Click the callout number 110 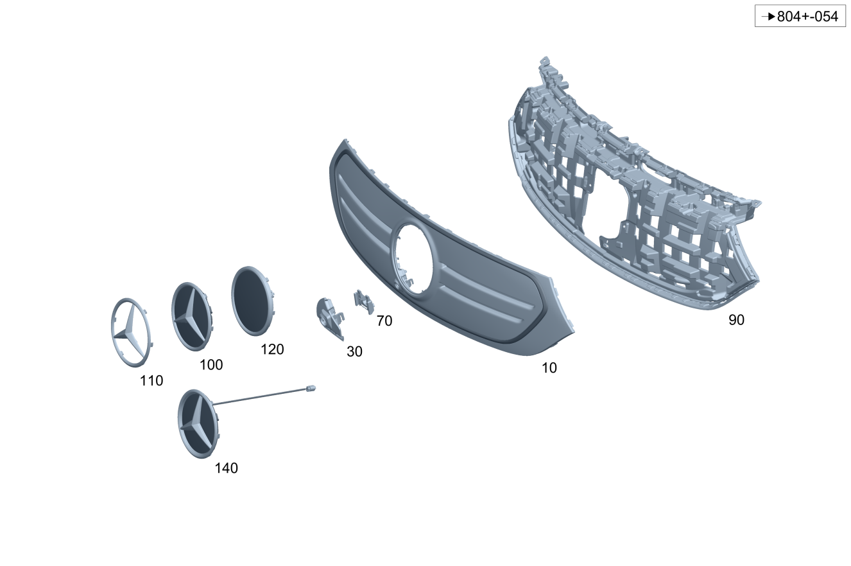tap(151, 380)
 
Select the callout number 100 tap(211, 365)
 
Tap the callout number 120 tap(272, 349)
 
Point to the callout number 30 tap(354, 351)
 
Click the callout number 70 tap(384, 321)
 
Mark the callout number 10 tap(549, 368)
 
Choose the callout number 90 tap(736, 320)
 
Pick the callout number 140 tap(226, 468)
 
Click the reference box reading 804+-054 tap(800, 16)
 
